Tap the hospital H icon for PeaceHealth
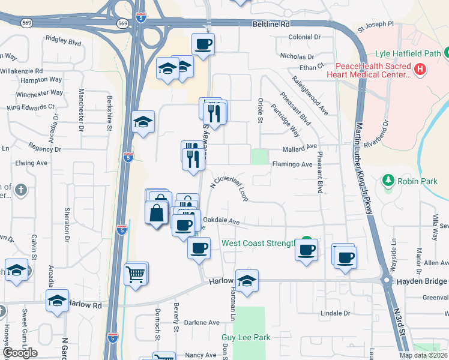click(x=420, y=70)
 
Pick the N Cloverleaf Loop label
click(x=229, y=190)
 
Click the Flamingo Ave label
click(x=292, y=164)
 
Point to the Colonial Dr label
click(x=304, y=37)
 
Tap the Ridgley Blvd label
click(x=63, y=43)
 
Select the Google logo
click(x=20, y=353)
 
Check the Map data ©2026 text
click(x=423, y=355)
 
